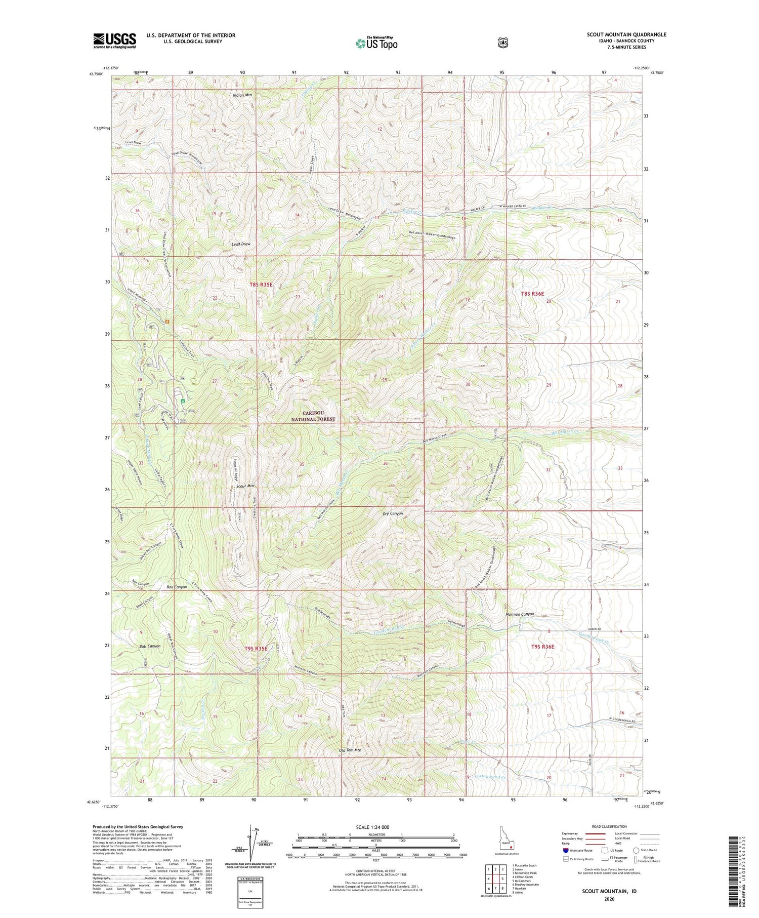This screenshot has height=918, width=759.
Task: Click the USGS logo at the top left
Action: [x=114, y=41]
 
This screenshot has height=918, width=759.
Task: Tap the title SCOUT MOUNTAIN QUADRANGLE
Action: [x=626, y=35]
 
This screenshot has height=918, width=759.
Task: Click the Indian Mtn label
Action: [x=242, y=95]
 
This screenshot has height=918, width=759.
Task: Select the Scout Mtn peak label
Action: [x=245, y=486]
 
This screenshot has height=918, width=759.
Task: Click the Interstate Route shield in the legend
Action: [x=566, y=851]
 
